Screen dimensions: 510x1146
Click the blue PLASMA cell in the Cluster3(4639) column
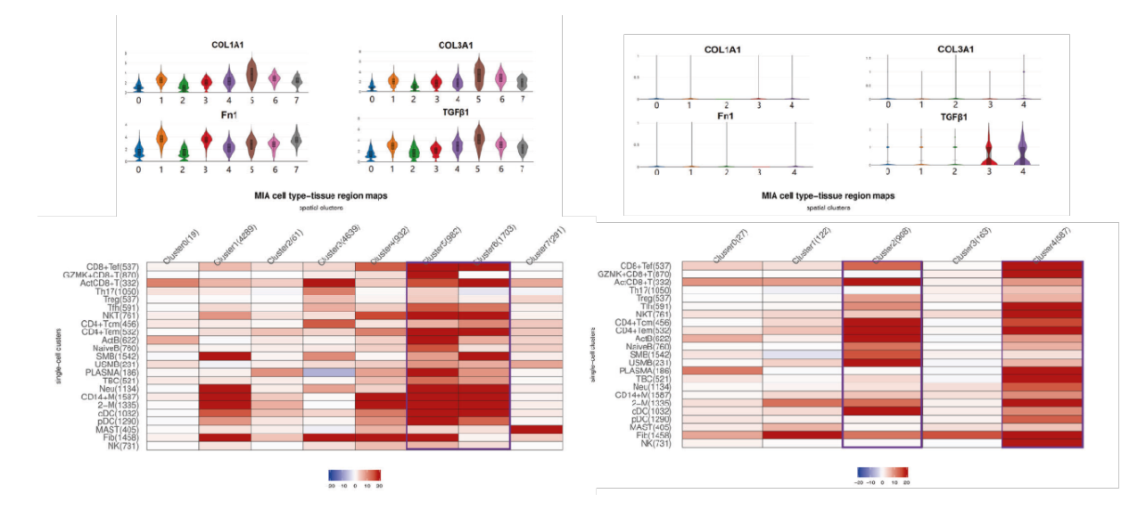[329, 372]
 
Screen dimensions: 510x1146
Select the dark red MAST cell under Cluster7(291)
[536, 430]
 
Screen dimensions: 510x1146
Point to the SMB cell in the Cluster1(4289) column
[225, 356]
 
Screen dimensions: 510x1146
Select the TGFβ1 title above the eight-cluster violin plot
[455, 114]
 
